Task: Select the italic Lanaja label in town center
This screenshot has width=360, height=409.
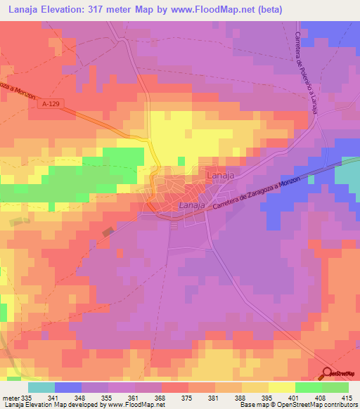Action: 192,204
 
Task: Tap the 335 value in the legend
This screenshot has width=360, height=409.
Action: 27,397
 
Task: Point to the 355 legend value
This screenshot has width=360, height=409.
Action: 107,397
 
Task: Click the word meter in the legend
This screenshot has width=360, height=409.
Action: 9,397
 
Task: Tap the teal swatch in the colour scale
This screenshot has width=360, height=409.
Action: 41,387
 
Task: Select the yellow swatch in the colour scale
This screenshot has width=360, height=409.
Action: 282,387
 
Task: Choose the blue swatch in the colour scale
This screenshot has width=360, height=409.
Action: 68,387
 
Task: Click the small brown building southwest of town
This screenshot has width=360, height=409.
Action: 108,231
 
